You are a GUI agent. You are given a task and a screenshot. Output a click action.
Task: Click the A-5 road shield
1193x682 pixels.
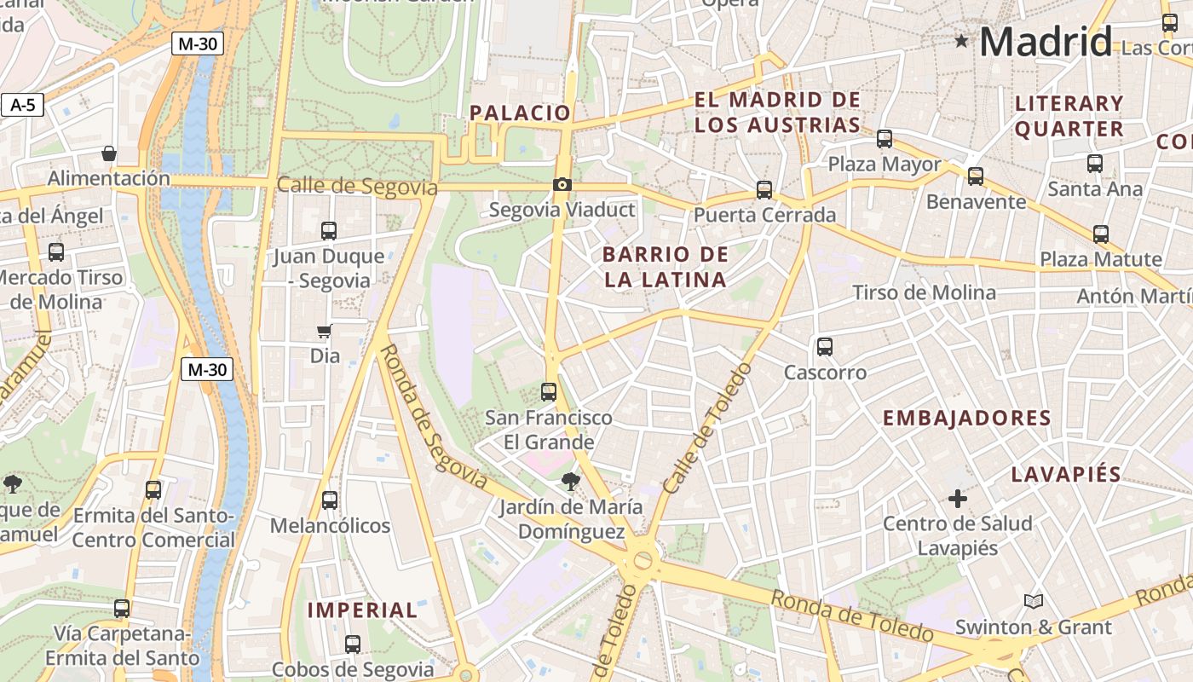23,105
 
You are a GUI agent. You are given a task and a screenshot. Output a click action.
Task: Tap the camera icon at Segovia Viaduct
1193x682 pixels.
562,184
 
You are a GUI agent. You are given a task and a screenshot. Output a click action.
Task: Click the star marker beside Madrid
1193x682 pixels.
961,40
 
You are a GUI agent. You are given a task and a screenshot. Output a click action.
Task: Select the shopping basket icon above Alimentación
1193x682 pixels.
109,153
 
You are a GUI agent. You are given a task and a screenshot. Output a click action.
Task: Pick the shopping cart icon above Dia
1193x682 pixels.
324,331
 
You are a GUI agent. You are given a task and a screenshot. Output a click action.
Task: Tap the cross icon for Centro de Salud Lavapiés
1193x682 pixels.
958,498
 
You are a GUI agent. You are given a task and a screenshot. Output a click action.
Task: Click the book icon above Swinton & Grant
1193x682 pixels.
1033,601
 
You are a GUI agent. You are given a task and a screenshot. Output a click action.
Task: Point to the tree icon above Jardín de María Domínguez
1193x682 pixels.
570,482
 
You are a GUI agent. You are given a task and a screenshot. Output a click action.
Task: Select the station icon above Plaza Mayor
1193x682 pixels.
885,138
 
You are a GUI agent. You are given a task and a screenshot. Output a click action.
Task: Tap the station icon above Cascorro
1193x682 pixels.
824,346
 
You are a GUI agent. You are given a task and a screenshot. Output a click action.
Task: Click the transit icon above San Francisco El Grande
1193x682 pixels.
549,392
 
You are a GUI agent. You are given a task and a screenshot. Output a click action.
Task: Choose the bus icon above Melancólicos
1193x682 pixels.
330,500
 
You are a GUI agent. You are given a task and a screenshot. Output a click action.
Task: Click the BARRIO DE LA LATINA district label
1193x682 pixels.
666,267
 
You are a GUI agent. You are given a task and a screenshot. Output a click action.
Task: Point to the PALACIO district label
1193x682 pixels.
520,113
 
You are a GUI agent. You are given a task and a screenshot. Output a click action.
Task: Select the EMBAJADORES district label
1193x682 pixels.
966,418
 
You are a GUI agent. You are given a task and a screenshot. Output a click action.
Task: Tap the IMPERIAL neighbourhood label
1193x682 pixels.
362,610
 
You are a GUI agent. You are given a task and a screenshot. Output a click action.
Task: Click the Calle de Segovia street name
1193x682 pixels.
357,186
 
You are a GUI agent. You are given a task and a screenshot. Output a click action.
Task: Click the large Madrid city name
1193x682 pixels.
1046,41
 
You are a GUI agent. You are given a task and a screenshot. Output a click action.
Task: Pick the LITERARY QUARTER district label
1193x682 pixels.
1069,116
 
